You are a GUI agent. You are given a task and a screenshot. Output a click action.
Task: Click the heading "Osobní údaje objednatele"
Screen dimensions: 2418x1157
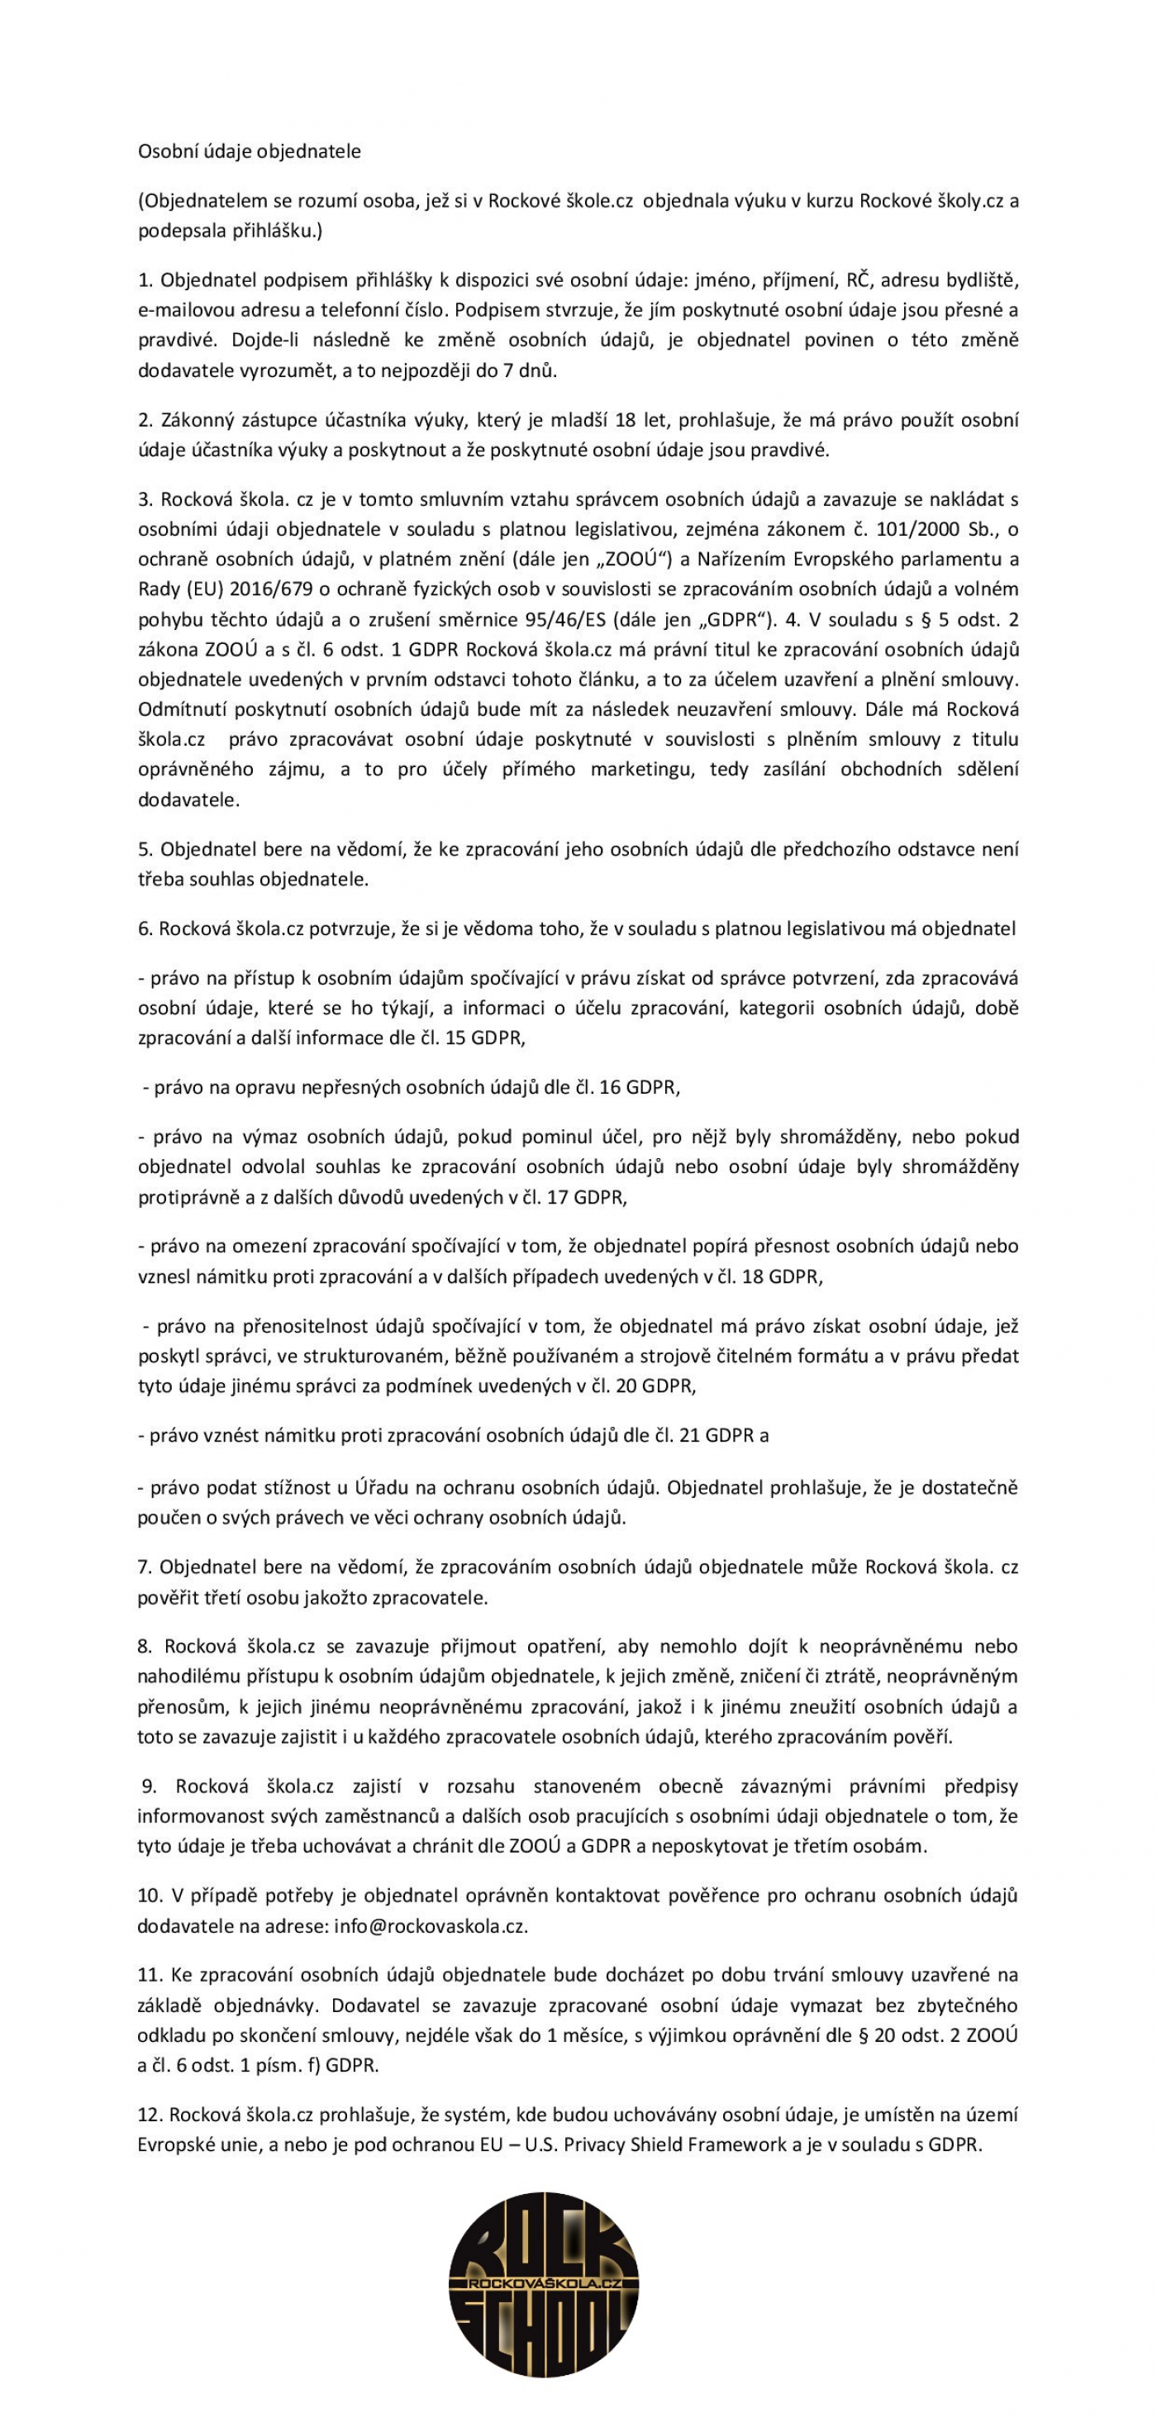pyautogui.click(x=249, y=151)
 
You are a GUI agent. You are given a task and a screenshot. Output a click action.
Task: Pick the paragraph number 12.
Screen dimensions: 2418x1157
pyautogui.click(x=150, y=2115)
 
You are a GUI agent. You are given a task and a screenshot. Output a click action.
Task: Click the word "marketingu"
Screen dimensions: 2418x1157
pyautogui.click(x=637, y=770)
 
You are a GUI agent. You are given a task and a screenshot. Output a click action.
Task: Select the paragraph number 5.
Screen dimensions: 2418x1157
pyautogui.click(x=145, y=850)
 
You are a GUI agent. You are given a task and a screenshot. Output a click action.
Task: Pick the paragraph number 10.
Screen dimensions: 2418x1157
pyautogui.click(x=150, y=1896)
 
